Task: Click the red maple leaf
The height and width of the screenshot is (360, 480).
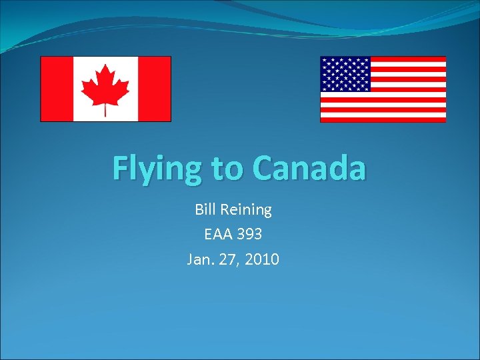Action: click(105, 87)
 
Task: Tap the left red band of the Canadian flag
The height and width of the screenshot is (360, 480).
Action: click(57, 89)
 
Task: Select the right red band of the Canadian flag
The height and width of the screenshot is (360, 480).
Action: click(154, 89)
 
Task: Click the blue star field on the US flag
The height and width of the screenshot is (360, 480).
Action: click(345, 74)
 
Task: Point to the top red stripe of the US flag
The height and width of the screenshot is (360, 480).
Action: click(407, 59)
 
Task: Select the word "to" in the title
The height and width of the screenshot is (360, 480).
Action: click(227, 169)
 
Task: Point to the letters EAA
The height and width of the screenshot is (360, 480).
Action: click(218, 234)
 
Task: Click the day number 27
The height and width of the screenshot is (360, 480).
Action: click(229, 259)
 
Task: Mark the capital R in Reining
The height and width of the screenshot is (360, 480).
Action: click(225, 209)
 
